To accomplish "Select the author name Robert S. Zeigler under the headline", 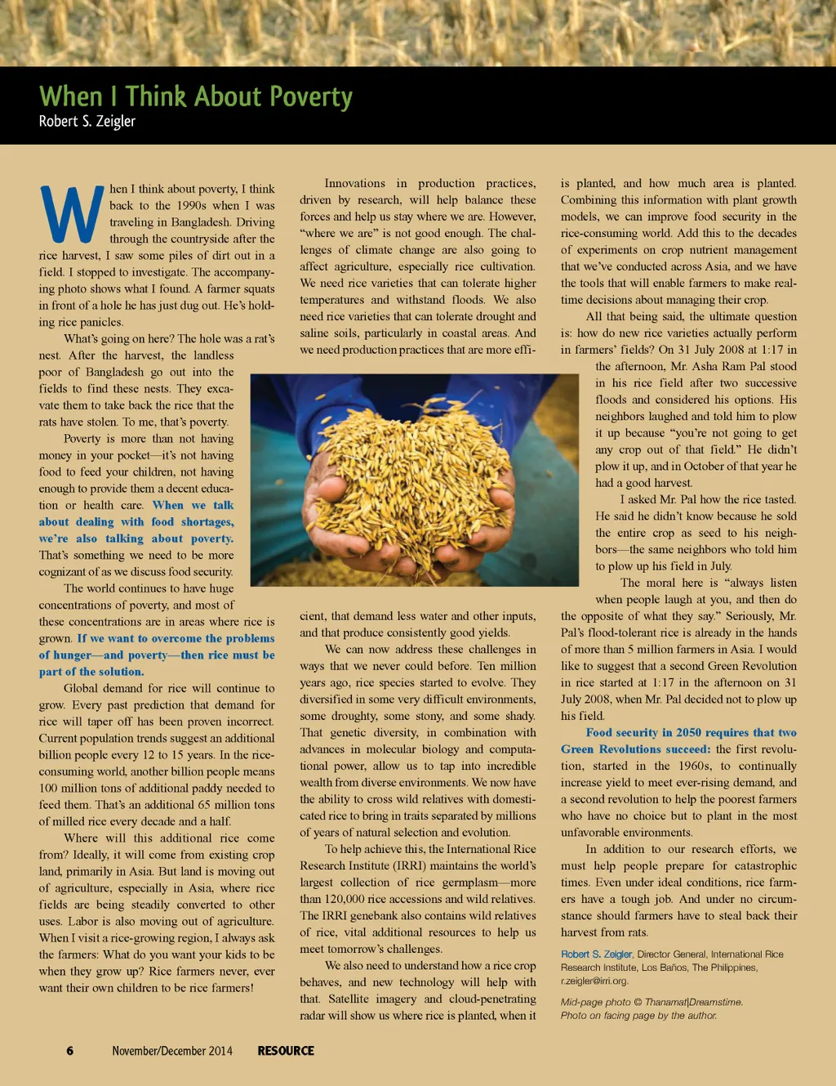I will coord(87,122).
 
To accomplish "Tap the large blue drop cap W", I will coord(71,215).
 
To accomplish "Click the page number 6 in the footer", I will coord(70,1051).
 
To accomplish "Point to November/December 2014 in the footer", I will coord(172,1051).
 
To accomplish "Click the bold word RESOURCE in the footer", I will coord(286,1051).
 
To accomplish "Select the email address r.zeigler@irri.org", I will coord(594,981).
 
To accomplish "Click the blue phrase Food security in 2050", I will coord(641,733).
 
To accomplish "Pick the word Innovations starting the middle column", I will coord(354,184).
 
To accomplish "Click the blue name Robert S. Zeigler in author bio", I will coord(596,954).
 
